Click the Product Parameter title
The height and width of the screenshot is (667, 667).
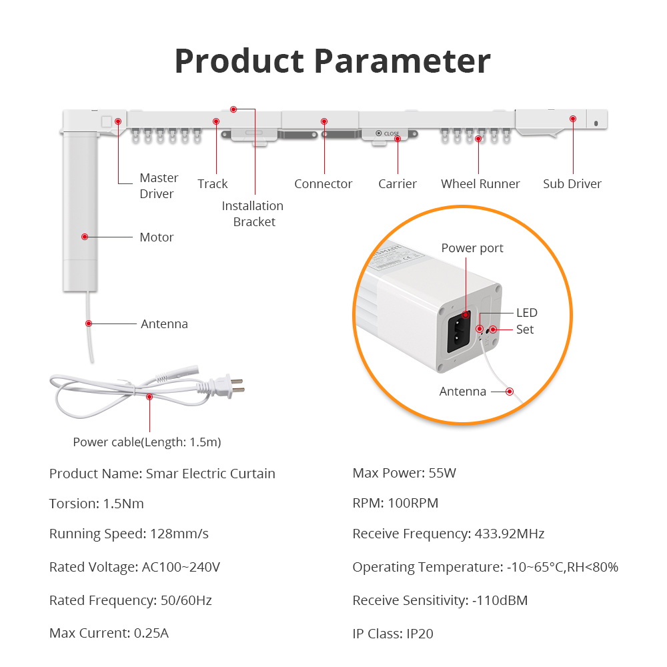coord(332,61)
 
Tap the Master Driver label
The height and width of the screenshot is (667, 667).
coord(159,186)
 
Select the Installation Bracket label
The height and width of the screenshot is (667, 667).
coord(253,214)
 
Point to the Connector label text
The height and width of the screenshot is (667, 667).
coord(323,184)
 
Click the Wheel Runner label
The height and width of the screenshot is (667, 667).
coord(480,184)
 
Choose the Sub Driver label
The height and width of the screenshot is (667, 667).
coord(572,184)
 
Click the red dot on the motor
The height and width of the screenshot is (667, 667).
coord(85,236)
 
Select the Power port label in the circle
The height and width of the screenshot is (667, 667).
coord(472,248)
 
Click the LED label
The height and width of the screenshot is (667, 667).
coord(526,313)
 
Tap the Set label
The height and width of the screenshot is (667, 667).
coord(525,329)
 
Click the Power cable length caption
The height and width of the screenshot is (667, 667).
coord(147,442)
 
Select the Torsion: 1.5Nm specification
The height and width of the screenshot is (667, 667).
coord(97,504)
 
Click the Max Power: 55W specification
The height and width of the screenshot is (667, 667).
coord(404,474)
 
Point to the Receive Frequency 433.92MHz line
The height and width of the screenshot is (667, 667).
coord(448,534)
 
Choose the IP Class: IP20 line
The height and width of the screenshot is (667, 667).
coord(393,634)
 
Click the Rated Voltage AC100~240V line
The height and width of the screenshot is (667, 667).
coord(135,567)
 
